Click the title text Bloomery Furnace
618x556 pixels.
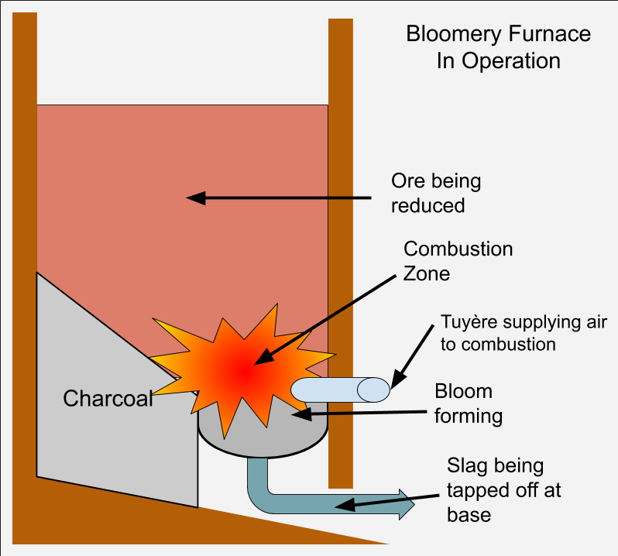click(x=498, y=34)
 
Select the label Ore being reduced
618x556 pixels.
click(x=435, y=193)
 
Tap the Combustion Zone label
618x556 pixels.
click(x=458, y=261)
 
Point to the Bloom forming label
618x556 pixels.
click(x=468, y=403)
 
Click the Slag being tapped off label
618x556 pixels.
click(x=503, y=489)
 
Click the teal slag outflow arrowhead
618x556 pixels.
click(x=404, y=503)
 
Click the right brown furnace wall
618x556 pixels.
click(x=341, y=232)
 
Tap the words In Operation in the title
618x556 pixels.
click(x=498, y=61)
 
